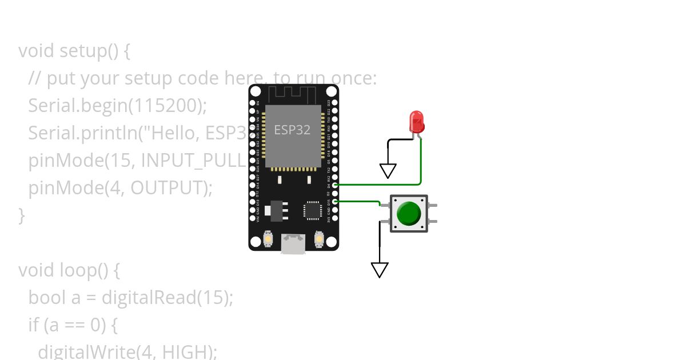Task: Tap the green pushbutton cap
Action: tap(409, 213)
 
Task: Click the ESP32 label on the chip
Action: tap(292, 130)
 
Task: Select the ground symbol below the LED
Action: tap(388, 170)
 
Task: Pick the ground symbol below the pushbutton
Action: tap(380, 269)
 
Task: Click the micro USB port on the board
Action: tap(293, 244)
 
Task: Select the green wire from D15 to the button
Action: tap(357, 201)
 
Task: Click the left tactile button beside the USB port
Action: tap(268, 238)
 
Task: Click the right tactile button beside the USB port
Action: tap(319, 238)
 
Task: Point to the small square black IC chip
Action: tap(313, 209)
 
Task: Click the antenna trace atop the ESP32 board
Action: tap(292, 94)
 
